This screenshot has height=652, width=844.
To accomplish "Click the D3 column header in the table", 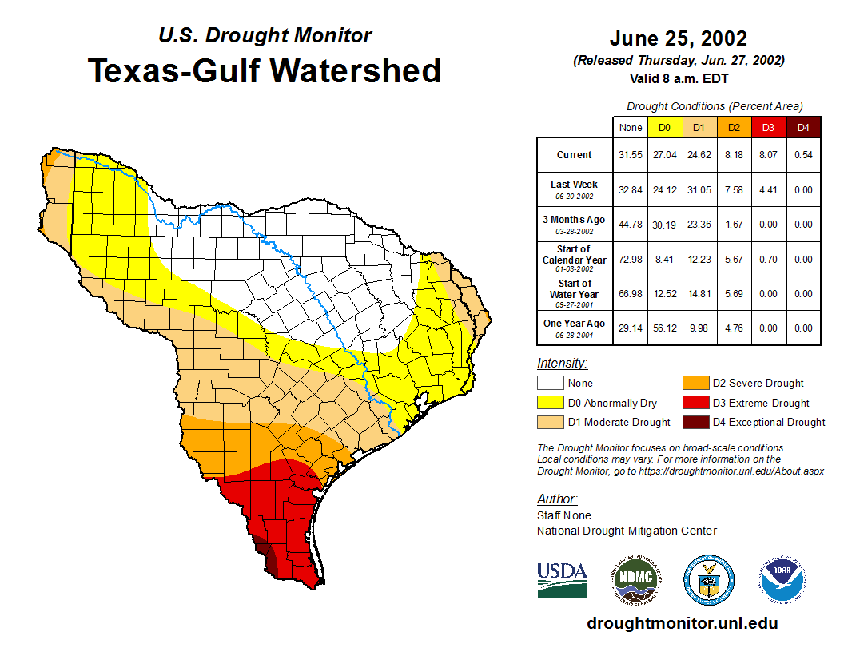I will (x=768, y=127).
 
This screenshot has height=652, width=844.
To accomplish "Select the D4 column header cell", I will (x=803, y=127).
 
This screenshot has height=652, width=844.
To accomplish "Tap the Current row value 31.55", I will (x=631, y=155).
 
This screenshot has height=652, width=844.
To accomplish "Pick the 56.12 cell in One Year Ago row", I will (x=665, y=328).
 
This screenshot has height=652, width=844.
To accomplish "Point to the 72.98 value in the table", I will (x=631, y=260).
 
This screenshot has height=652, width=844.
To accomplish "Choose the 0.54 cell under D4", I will (x=803, y=155).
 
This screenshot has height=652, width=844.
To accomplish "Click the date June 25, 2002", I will (x=678, y=38).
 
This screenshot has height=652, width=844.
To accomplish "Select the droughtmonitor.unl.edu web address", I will (x=682, y=623).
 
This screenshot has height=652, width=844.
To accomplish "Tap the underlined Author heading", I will (x=556, y=499).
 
